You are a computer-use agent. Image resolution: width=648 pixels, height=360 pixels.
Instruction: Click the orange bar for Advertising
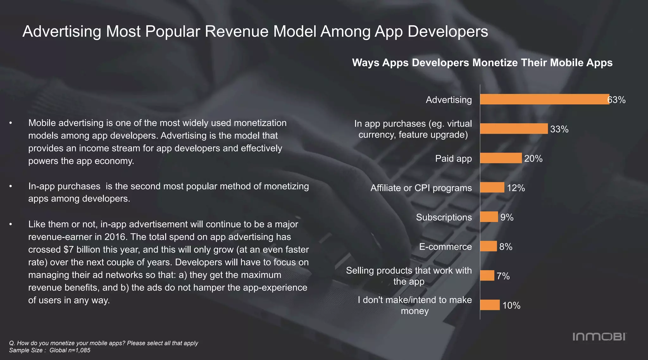(x=544, y=99)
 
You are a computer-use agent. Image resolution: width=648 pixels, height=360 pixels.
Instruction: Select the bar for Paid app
(x=501, y=158)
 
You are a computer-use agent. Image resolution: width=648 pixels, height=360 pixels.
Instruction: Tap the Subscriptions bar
(x=489, y=217)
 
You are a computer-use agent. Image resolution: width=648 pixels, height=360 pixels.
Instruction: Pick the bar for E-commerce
(x=488, y=246)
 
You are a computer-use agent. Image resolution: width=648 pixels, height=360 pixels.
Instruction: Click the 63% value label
(x=617, y=100)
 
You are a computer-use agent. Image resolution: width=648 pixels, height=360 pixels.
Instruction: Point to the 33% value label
(x=559, y=129)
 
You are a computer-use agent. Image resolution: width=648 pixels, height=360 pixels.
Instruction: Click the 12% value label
(x=516, y=188)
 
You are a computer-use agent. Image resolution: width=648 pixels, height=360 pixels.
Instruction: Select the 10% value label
(x=511, y=306)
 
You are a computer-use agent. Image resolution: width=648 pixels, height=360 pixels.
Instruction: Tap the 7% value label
(x=503, y=276)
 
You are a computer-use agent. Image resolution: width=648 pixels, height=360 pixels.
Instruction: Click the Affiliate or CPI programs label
(x=421, y=188)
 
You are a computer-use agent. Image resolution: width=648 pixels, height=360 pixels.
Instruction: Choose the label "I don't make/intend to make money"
(x=414, y=305)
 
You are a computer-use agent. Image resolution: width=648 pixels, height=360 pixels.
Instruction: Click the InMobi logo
(x=599, y=337)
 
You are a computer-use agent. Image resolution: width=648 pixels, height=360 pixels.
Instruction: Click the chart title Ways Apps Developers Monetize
(x=482, y=63)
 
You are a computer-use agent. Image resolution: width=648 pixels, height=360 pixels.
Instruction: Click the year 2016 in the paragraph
(x=116, y=237)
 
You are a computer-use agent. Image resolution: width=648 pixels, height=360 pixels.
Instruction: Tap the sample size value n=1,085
(x=78, y=350)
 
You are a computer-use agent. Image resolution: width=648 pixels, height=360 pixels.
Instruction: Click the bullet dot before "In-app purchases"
(x=11, y=186)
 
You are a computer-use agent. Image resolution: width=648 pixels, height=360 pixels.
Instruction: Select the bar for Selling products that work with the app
(x=487, y=276)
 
